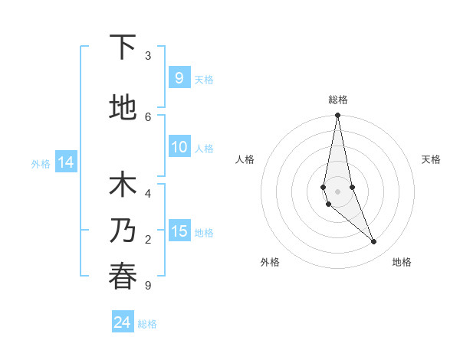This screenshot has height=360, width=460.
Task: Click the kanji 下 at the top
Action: coord(123,47)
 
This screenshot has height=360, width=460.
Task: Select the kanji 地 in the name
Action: coord(123,108)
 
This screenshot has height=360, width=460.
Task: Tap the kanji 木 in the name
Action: coord(123,186)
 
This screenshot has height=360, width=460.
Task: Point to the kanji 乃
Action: coord(123,231)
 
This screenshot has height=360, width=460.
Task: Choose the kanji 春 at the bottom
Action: coord(123,277)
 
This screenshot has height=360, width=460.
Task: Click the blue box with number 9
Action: coord(179,78)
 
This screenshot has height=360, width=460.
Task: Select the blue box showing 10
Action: coord(179,148)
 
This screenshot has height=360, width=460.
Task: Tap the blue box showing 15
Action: coord(179,231)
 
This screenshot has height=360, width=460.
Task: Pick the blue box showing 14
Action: coord(65,162)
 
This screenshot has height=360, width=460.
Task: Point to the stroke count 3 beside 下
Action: coord(148,56)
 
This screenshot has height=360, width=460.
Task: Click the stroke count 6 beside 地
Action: coord(148,116)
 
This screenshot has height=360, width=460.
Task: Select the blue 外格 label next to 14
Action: coord(41,163)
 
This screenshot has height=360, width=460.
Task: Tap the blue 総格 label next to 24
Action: coord(147,324)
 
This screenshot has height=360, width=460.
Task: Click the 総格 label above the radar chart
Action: coord(338,100)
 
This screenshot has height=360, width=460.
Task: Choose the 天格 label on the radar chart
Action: coord(431,159)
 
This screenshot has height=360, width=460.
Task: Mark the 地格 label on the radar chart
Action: coord(402,262)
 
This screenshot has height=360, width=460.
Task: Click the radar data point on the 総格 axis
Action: coord(337,116)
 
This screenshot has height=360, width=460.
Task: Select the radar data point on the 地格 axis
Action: coord(374,242)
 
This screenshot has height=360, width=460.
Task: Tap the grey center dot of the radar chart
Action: coord(337,191)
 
